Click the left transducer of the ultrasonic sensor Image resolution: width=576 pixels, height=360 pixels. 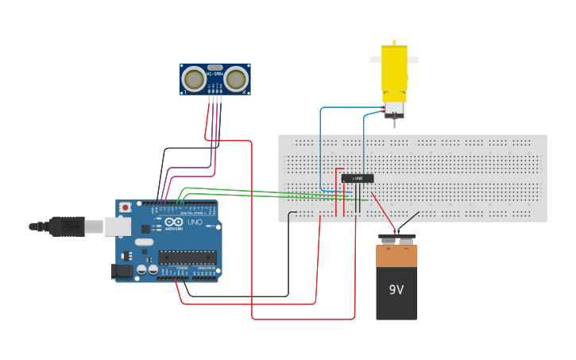tap(193, 78)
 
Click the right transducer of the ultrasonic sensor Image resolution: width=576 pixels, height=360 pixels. tap(236, 78)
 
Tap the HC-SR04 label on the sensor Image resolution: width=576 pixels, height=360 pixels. tap(215, 75)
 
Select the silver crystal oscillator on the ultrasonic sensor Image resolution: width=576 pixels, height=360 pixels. tap(215, 68)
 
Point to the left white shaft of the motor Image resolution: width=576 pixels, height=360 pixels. tap(375, 59)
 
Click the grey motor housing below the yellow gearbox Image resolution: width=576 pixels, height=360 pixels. tap(394, 110)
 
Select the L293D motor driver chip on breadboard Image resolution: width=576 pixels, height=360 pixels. tap(358, 178)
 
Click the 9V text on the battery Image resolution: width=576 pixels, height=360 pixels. tap(396, 289)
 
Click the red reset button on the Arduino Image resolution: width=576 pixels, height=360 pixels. tap(125, 207)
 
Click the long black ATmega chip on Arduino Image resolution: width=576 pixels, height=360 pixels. tap(187, 256)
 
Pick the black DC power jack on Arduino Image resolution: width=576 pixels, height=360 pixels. tap(122, 271)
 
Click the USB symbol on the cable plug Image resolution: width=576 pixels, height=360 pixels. tap(71, 226)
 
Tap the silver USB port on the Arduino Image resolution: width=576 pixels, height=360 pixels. tap(118, 226)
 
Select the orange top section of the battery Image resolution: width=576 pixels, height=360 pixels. tap(396, 256)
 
